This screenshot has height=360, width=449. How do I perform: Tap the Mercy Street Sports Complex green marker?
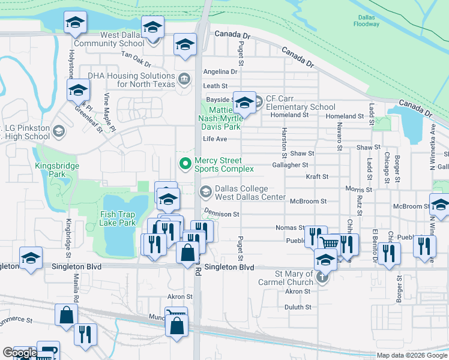coord(185,163)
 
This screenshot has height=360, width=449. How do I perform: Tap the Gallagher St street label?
coord(290,164)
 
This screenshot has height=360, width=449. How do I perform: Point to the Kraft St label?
coord(317,177)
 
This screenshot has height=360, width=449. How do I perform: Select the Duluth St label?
coord(298,307)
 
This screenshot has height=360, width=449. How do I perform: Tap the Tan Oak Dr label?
coord(136,56)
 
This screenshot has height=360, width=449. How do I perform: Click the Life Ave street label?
coord(215,139)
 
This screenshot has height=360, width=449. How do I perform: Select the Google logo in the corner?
coord(20,353)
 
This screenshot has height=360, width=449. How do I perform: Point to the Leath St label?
coord(215,86)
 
